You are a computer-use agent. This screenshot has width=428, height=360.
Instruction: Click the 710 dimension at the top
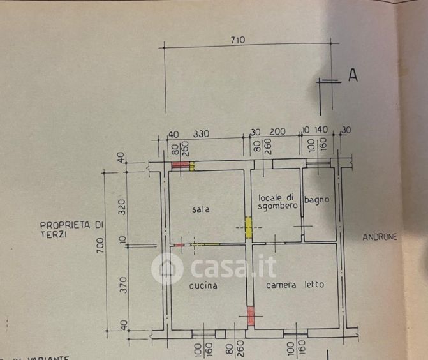[x=239, y=40]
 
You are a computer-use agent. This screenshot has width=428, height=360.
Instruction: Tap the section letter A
[x=353, y=75]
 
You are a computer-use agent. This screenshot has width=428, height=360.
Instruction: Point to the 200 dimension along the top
[x=277, y=131]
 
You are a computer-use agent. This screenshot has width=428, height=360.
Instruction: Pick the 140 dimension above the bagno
[x=321, y=130]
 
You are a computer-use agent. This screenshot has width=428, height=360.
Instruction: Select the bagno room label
[x=317, y=199]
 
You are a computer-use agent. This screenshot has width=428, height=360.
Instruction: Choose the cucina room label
[x=203, y=285]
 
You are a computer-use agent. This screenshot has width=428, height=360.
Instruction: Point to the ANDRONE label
[x=380, y=237]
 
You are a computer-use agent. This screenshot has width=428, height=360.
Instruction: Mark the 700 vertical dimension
[x=100, y=246]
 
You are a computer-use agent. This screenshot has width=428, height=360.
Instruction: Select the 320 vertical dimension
[x=123, y=206]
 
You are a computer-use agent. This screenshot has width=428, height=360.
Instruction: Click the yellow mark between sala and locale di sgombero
[x=249, y=224]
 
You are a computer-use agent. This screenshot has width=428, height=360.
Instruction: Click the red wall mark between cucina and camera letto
[x=251, y=315]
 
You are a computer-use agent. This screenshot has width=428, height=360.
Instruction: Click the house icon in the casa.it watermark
[x=167, y=269]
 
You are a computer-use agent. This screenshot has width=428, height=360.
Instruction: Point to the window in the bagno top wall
[x=317, y=163]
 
